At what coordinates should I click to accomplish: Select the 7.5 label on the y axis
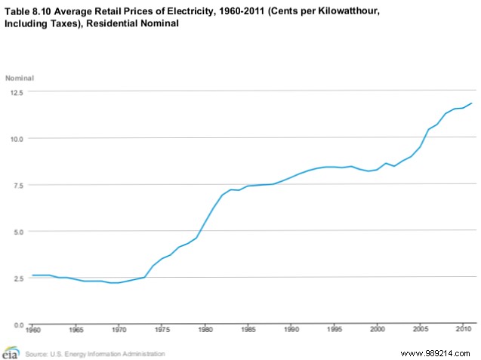[17, 186]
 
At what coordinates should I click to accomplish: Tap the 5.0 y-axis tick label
[17, 232]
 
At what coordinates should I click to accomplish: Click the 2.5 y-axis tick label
[17, 278]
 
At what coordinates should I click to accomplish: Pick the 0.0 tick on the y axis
[17, 325]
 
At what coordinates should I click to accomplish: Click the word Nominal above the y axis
[20, 78]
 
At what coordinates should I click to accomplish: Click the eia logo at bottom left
[11, 352]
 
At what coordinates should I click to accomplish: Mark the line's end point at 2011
[473, 103]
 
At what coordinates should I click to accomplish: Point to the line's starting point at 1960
[32, 275]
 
